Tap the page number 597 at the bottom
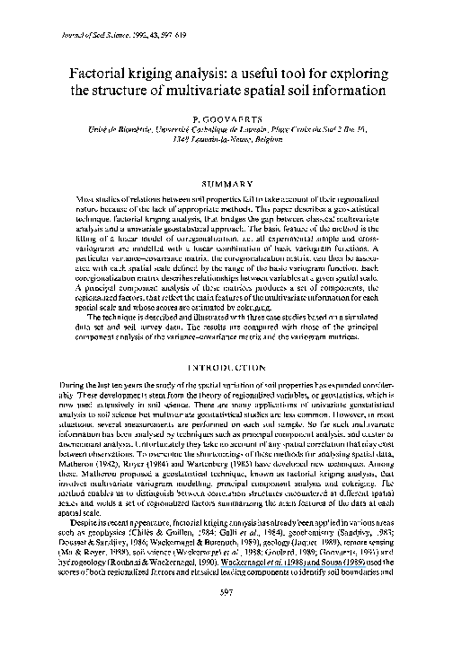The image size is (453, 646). point(226,617)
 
